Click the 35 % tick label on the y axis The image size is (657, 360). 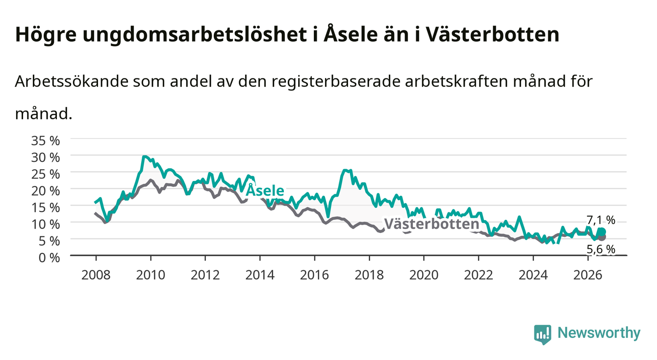coord(46,141)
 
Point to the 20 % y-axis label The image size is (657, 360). coord(46,191)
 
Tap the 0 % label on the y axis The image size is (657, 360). coord(49,258)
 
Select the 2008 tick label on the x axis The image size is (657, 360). coord(96,275)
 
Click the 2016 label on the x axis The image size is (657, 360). coord(314,275)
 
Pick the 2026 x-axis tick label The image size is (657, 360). coord(588,275)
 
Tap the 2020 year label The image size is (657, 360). coord(424,275)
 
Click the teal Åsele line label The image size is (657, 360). coord(265,190)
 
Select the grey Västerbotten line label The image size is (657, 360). coord(431,224)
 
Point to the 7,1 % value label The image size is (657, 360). coord(601,220)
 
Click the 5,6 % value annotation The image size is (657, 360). coord(601,249)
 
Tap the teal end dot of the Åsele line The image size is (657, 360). coord(602,232)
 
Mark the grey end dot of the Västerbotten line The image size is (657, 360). coord(602,237)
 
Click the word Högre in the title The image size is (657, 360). coord(46,35)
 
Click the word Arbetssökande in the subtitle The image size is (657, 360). coord(72,81)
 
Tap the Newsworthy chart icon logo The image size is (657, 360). coord(543,334)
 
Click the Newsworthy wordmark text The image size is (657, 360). coord(599,333)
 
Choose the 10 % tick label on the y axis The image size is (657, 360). coord(46,225)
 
